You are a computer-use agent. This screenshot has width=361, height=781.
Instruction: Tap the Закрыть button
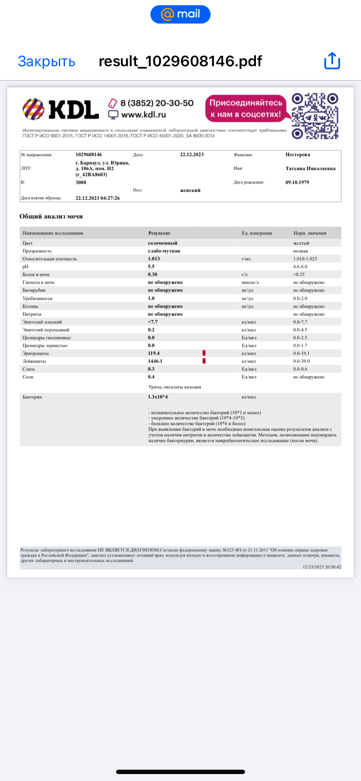point(46,61)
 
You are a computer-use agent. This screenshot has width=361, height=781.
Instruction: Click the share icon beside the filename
point(332,61)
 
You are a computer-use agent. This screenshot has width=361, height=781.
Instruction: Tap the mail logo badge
point(180,14)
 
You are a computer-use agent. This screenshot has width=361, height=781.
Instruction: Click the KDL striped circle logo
point(34,109)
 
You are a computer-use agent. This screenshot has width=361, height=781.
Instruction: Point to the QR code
point(315,116)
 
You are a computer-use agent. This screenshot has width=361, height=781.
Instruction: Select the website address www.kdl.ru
point(143,115)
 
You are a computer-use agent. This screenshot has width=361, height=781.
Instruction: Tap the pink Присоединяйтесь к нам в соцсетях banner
point(245,109)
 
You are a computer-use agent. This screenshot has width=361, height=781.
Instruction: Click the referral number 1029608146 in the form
point(89,155)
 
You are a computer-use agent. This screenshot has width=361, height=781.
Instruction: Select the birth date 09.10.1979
point(297,183)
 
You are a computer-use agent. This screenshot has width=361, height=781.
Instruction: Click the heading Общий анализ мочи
point(51,217)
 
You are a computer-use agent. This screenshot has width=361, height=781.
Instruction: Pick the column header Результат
point(159,233)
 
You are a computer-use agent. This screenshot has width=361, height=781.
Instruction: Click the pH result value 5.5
point(151,267)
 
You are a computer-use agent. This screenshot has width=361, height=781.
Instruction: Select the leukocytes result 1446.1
point(155,361)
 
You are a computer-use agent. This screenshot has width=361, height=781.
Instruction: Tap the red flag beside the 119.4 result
point(204,353)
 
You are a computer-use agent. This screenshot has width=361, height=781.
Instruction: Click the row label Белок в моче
point(36,275)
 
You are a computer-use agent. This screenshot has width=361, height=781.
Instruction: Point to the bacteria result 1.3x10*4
point(158,397)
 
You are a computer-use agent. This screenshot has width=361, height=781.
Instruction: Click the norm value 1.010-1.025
point(305,259)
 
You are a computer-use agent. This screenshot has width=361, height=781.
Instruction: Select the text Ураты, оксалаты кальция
point(174,387)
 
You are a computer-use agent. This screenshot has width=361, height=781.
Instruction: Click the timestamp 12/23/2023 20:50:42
point(322,567)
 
